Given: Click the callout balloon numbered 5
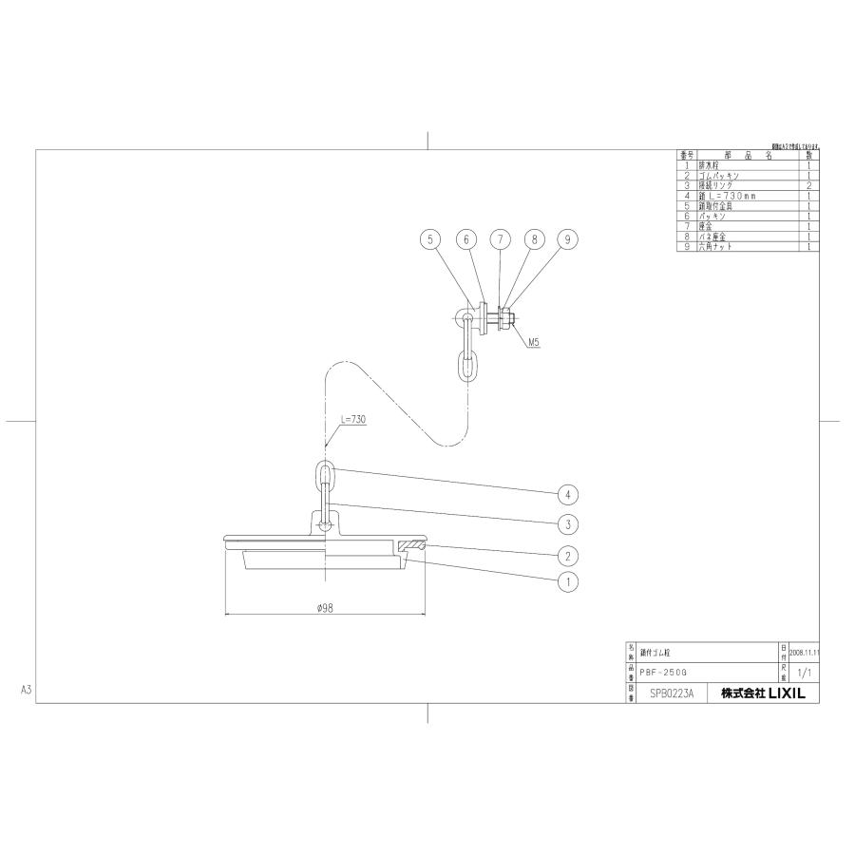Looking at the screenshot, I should click(x=430, y=240).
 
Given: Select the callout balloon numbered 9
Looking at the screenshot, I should click(x=566, y=240).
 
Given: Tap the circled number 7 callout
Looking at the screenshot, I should click(x=500, y=240).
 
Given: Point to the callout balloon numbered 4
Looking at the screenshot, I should click(x=567, y=494).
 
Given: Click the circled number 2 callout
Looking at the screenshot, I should click(x=567, y=553).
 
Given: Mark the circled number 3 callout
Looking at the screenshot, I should click(x=567, y=523).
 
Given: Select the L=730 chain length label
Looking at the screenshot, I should click(x=353, y=419).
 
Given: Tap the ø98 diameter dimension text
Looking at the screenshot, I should click(x=324, y=608).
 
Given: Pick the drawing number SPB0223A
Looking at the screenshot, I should click(x=672, y=693).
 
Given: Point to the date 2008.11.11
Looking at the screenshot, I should click(x=804, y=653).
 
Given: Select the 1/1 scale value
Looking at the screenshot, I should click(x=803, y=673).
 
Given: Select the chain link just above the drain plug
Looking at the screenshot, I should click(x=325, y=473).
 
